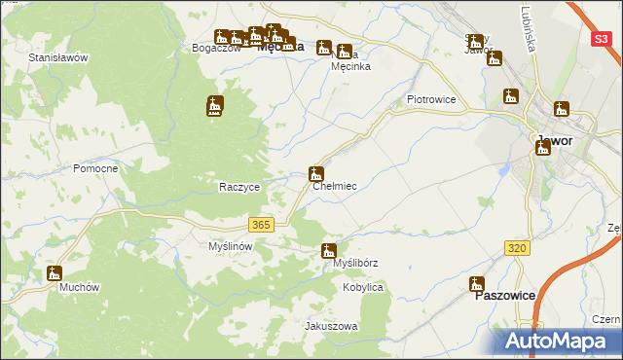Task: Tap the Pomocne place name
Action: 95,168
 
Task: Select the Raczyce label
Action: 238,187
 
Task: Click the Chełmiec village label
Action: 334,186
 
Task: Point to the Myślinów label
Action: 231,247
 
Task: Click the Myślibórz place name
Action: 355,264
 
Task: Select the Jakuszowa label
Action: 332,326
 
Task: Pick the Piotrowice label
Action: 431,99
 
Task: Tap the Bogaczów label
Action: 216,48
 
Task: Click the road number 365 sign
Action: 260,225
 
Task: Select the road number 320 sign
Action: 518,249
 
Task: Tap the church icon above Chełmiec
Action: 316,174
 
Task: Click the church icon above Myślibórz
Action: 329,251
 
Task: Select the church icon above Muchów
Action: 55,274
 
